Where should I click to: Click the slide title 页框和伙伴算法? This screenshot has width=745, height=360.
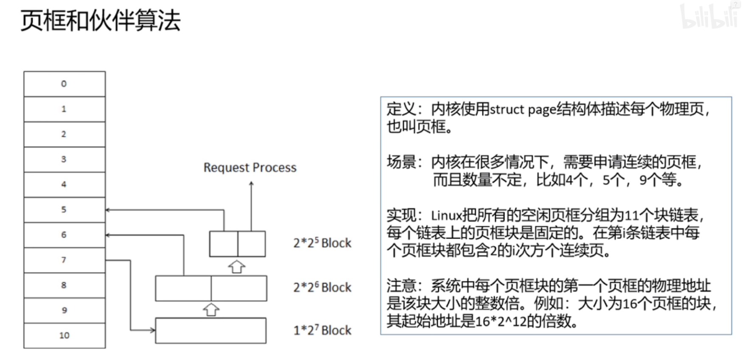[x=101, y=20]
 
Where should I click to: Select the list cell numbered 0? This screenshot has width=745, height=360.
[x=64, y=84]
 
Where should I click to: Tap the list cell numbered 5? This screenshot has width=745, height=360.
[x=64, y=209]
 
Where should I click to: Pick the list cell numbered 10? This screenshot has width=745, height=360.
[x=64, y=335]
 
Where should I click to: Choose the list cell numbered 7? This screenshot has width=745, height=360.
[x=64, y=260]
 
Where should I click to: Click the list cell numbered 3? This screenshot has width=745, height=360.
[x=64, y=159]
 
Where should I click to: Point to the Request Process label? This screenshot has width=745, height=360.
[x=250, y=167]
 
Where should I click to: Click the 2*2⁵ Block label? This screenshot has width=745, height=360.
[x=322, y=243]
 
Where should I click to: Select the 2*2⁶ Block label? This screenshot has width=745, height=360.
[x=322, y=287]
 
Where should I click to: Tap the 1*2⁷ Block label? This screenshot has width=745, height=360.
[x=322, y=330]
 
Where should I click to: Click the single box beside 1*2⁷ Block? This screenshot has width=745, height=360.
[x=211, y=330]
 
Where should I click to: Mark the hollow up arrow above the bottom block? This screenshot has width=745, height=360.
[x=211, y=310]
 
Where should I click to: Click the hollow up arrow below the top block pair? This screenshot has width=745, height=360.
[x=237, y=267]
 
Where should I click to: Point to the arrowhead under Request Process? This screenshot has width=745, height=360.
[x=252, y=184]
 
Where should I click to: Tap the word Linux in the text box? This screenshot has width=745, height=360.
[x=446, y=215]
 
